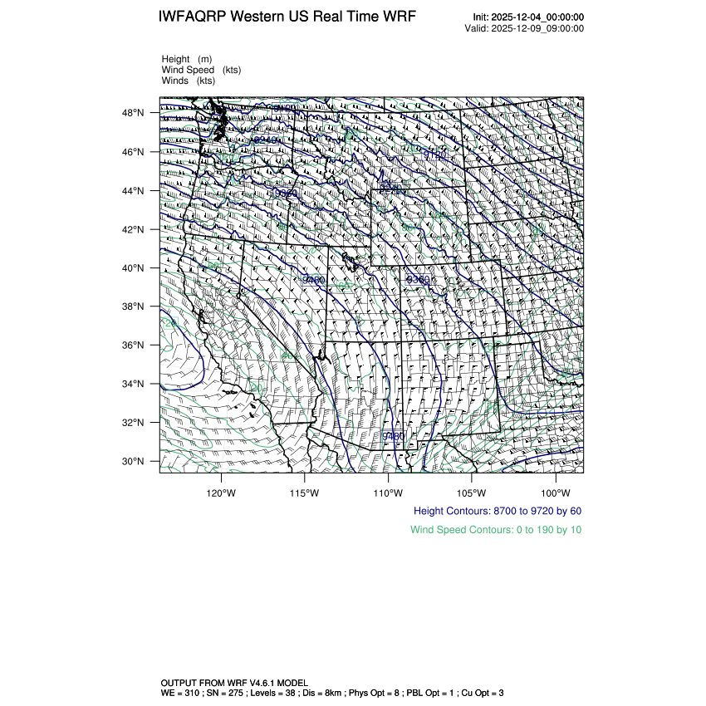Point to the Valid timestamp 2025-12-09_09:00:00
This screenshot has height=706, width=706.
point(539,28)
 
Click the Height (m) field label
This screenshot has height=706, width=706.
point(187,59)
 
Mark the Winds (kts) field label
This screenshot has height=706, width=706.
point(189,81)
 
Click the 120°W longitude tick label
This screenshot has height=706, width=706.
point(221,491)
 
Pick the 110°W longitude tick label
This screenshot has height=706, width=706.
point(388,491)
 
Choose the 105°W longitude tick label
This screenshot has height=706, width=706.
point(471,491)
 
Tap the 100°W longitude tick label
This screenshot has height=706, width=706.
point(555,491)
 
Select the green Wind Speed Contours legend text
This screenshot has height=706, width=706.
point(496,529)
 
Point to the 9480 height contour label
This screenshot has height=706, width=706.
point(393,436)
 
